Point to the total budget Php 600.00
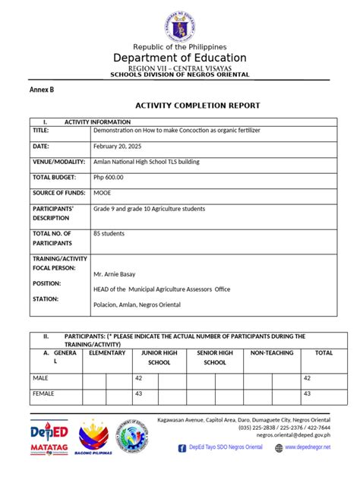(108, 177)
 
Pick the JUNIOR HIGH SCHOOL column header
(159, 358)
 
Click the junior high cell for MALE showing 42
(139, 377)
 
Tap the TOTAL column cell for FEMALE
(308, 394)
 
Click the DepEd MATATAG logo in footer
(49, 439)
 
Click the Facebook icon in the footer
(182, 448)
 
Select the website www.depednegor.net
(308, 448)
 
